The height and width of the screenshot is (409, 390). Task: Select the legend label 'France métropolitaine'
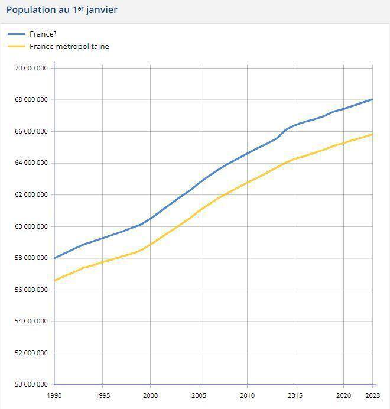coord(69,46)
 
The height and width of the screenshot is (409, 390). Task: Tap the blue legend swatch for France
coord(17,34)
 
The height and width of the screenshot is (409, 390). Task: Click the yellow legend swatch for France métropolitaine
coord(17,46)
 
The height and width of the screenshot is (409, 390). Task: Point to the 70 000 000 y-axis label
coord(31,68)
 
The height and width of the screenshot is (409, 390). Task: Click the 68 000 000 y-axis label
coord(31,99)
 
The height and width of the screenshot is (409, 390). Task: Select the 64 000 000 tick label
coord(31,163)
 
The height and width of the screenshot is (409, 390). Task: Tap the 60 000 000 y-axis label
coord(31,226)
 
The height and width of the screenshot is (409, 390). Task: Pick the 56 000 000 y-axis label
coord(31,290)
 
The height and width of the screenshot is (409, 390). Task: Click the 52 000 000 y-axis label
coord(31,353)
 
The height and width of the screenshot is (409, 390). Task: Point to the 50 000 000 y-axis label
coord(31,385)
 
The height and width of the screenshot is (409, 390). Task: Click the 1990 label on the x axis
coord(54,395)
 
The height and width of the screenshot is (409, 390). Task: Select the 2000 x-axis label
coord(151,395)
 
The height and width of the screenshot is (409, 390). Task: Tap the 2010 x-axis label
coord(247,395)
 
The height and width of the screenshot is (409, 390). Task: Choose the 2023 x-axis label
coord(373,395)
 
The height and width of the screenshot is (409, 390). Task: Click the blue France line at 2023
coord(372,99)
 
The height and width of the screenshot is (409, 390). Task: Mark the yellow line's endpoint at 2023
coord(372,134)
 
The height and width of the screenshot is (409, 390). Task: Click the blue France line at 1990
coord(54,258)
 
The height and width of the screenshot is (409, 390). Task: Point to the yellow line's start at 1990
coord(54,280)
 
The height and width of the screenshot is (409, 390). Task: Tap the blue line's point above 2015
coord(295,125)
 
